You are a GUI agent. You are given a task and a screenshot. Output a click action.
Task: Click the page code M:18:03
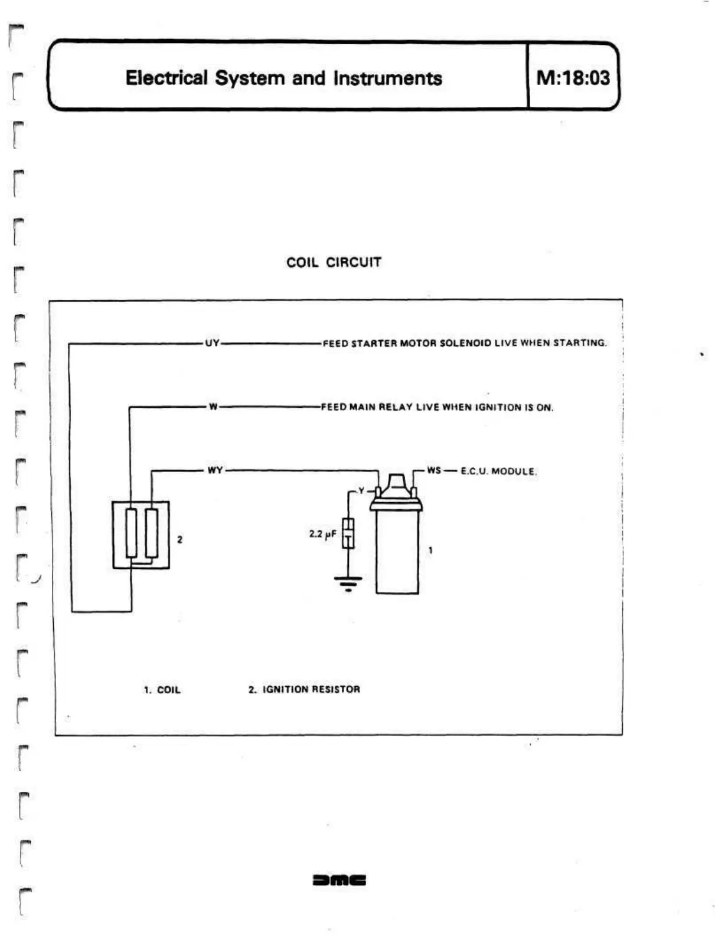tap(573, 77)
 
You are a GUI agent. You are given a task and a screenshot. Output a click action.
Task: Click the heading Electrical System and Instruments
tap(283, 78)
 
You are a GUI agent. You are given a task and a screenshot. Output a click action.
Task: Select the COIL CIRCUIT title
tap(334, 263)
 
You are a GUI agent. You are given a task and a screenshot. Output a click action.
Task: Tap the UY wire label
tap(212, 343)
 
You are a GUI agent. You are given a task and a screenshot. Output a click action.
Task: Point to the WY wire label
tap(215, 470)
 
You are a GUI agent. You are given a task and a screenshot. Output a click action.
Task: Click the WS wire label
tap(434, 470)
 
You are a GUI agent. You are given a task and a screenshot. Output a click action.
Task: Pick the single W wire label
tap(213, 407)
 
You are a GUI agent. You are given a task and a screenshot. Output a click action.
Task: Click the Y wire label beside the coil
tap(361, 491)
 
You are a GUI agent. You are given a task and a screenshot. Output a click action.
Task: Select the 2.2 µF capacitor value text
tap(322, 534)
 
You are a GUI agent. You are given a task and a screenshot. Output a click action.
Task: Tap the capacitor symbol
tap(348, 533)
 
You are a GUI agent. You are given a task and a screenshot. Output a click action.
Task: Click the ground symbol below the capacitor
tap(348, 584)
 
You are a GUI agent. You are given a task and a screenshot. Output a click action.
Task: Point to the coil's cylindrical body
tap(397, 552)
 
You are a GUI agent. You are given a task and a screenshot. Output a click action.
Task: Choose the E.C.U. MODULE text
tap(498, 471)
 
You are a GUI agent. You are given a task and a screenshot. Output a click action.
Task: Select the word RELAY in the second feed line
tap(396, 407)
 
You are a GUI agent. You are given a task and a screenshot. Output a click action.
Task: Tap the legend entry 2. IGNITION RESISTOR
tap(304, 689)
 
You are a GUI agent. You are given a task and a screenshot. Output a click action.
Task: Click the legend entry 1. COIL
tap(162, 690)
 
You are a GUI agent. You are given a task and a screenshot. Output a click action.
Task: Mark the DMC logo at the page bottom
tap(339, 880)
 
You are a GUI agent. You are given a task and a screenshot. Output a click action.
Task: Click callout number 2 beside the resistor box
tap(179, 539)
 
